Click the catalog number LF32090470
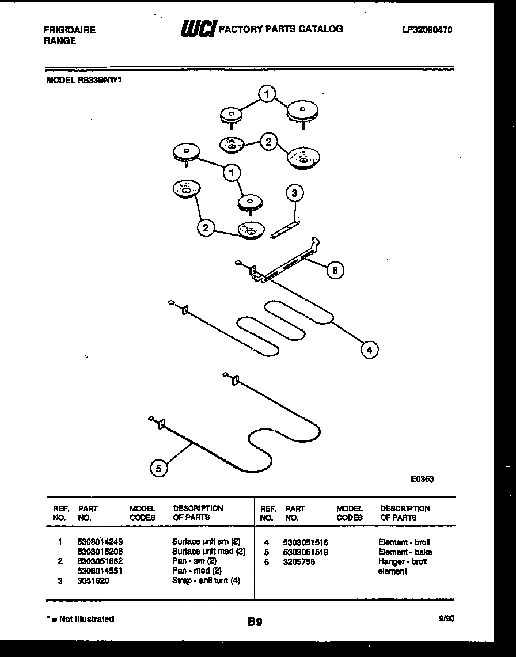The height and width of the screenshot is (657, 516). [x=427, y=30]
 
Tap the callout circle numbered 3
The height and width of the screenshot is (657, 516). [x=294, y=193]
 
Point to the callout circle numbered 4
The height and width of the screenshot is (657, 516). [x=370, y=349]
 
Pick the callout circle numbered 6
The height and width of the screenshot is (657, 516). [x=335, y=269]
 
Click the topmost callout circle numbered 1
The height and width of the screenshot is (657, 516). [x=267, y=93]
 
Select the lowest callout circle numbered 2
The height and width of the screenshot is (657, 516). [x=206, y=228]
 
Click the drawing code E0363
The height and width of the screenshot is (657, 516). [x=422, y=478]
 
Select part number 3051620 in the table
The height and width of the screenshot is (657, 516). [x=93, y=581]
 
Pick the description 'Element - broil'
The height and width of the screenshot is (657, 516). [x=404, y=542]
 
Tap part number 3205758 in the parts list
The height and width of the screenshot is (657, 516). [x=298, y=562]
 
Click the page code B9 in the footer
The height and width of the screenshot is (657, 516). [x=255, y=622]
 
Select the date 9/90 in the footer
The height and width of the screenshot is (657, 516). [x=446, y=619]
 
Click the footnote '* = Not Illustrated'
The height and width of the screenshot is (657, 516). [x=80, y=619]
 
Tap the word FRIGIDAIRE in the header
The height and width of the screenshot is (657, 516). [x=70, y=30]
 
